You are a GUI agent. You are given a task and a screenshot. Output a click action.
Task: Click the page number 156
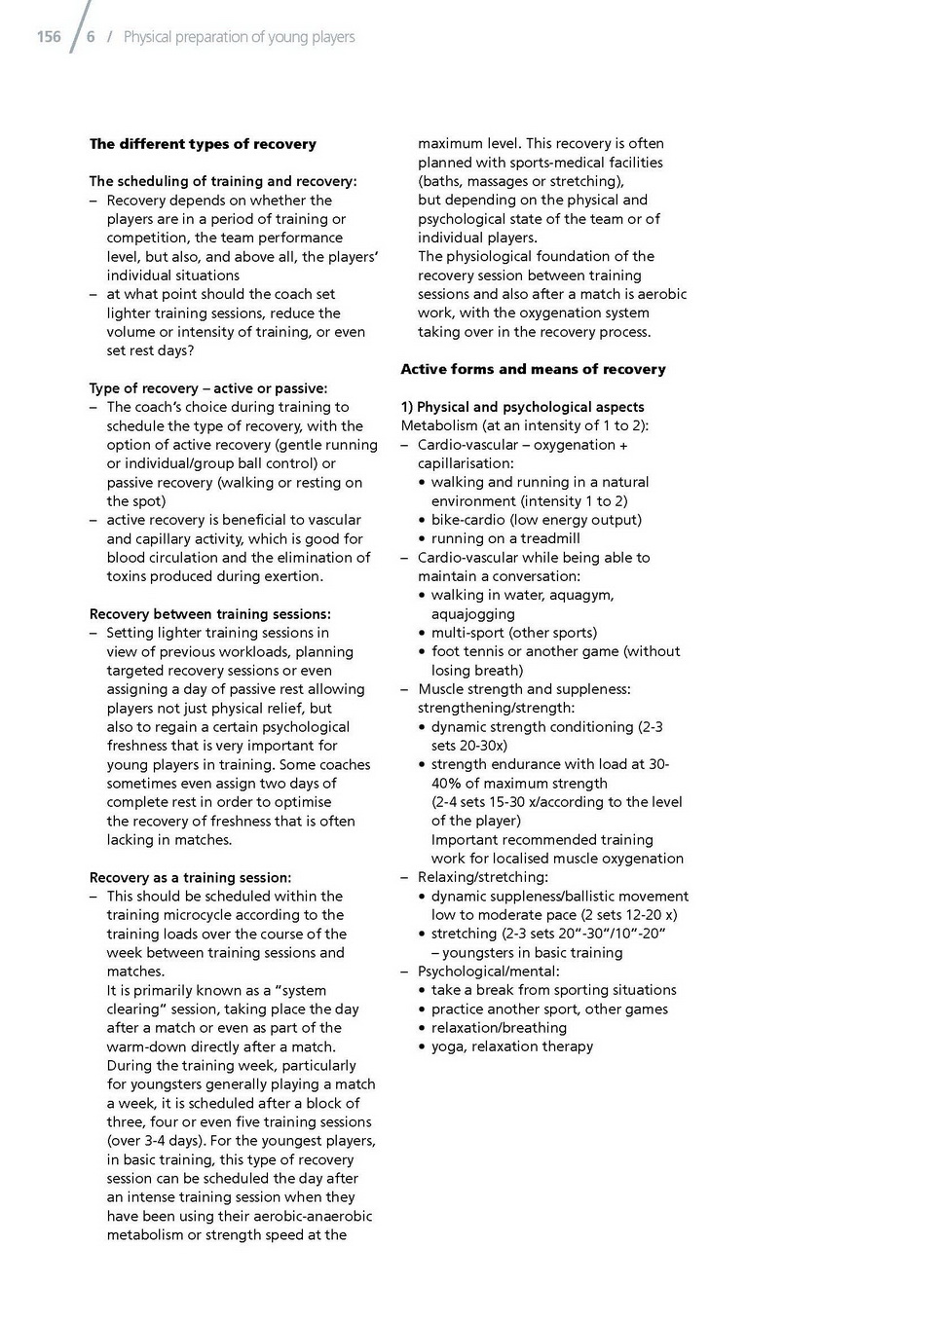click(48, 37)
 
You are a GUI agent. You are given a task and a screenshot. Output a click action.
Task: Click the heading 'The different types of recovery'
click(203, 144)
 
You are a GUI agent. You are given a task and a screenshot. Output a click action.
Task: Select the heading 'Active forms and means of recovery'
click(533, 369)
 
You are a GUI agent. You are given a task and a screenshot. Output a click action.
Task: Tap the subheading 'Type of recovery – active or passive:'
click(208, 388)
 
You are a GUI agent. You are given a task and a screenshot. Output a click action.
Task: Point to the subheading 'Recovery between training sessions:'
click(209, 614)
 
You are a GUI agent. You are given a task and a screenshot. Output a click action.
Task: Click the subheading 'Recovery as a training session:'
click(190, 877)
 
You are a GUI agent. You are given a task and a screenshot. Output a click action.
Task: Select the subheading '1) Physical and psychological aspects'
click(522, 407)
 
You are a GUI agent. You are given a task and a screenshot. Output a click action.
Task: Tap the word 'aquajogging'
click(473, 614)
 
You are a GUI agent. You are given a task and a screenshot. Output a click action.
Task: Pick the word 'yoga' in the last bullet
click(447, 1046)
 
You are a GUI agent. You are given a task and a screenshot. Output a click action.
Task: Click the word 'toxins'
click(128, 576)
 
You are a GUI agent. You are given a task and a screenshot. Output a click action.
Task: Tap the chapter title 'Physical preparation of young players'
click(239, 37)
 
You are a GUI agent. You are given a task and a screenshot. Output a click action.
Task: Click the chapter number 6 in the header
click(91, 37)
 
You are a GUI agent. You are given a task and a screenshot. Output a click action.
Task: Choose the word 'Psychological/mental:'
click(489, 972)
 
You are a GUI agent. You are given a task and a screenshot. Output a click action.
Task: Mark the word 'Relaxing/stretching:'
click(483, 877)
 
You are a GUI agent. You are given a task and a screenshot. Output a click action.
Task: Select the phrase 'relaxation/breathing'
click(499, 1028)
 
